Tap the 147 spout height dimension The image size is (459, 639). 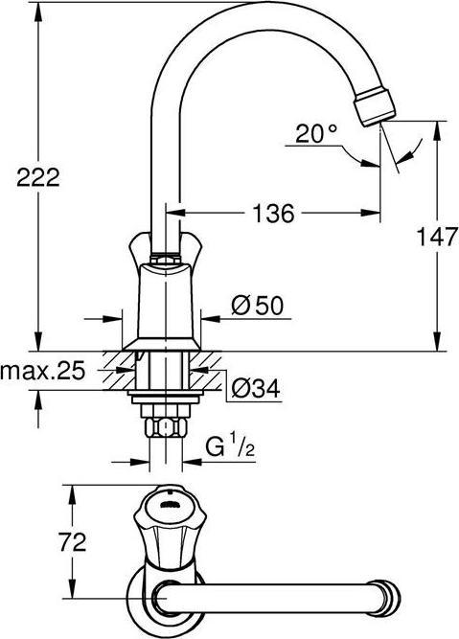[439, 238]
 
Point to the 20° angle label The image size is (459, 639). [316, 135]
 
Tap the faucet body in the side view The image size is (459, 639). [164, 297]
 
